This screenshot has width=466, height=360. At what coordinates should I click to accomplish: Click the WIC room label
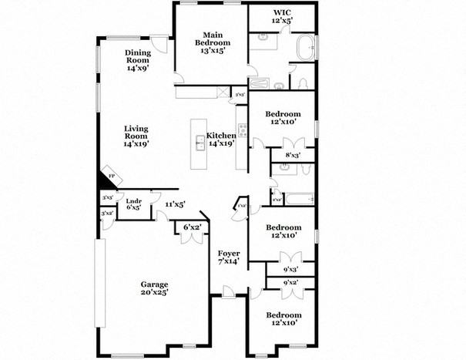(x=282, y=17)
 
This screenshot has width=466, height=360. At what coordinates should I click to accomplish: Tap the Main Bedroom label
(x=211, y=42)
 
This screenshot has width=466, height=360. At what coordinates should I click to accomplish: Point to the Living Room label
(x=136, y=136)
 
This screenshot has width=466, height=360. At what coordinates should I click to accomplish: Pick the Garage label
(x=154, y=288)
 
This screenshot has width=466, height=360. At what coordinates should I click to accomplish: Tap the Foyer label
(x=228, y=257)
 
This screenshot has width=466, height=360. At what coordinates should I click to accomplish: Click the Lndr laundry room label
(x=133, y=204)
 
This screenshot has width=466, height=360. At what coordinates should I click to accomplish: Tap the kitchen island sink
(x=199, y=141)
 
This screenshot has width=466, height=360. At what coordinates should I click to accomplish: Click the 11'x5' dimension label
(x=175, y=204)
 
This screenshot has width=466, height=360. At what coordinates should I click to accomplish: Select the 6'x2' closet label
(x=192, y=227)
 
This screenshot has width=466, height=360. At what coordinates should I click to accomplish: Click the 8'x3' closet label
(x=293, y=155)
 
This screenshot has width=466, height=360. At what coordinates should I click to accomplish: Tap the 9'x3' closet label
(x=291, y=269)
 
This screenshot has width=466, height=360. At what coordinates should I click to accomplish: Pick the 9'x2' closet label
(x=291, y=283)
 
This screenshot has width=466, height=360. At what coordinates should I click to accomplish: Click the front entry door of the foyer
(x=228, y=291)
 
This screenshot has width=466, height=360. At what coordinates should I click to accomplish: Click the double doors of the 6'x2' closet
(x=191, y=237)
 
